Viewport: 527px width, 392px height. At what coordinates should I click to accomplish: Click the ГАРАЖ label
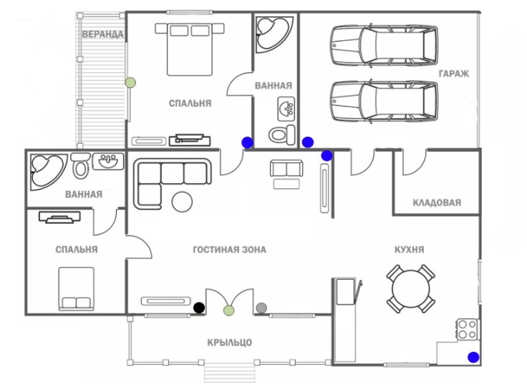coord(454,74)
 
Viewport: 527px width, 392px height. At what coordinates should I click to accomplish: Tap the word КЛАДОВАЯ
coord(437,202)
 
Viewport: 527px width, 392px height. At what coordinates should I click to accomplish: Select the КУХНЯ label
coord(410,250)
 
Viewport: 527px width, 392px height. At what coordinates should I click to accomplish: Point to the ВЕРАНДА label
coord(103,34)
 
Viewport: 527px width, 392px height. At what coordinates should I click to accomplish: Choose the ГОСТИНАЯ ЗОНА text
coord(229,250)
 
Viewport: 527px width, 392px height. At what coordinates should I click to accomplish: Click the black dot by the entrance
coord(199,308)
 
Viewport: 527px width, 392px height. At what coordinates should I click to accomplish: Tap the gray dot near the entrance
coord(261,308)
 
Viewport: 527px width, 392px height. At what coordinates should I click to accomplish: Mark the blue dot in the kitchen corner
coord(473,357)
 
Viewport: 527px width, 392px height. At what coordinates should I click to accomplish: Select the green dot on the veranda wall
coord(130,82)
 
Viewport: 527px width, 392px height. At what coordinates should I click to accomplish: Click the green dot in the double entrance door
coord(228,310)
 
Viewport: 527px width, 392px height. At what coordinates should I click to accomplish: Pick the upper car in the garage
coord(384,46)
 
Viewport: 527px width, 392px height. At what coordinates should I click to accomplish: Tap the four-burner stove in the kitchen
coord(468,329)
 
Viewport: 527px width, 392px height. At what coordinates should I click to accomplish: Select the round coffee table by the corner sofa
coord(182,201)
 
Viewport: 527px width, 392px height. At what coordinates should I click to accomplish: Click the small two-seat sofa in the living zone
coord(286,170)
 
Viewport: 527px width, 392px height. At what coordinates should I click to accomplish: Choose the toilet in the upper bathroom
coord(281,134)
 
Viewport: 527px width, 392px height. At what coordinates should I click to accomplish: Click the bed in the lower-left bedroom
coord(76,288)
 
